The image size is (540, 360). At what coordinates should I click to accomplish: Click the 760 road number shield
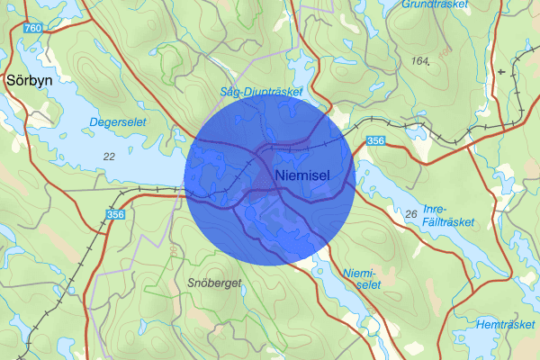(33, 29)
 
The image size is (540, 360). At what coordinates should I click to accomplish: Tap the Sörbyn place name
(29, 80)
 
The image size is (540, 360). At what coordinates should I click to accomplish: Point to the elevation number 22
(109, 157)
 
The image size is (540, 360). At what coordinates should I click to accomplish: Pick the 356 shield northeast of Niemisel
(376, 140)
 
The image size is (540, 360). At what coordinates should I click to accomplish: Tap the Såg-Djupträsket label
(263, 92)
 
